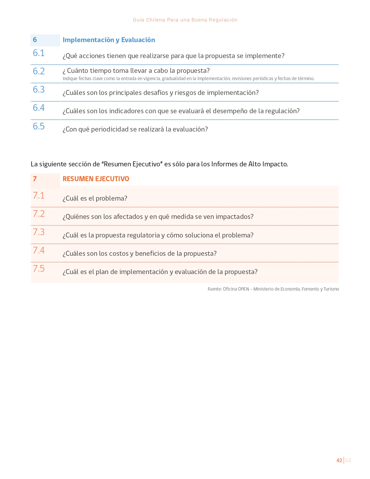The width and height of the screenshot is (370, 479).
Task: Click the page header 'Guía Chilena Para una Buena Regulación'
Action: [x=185, y=20]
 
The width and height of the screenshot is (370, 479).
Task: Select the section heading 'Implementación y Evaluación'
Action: [x=109, y=40]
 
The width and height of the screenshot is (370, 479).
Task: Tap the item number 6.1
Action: [x=39, y=53]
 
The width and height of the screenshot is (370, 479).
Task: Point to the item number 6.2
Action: [x=39, y=71]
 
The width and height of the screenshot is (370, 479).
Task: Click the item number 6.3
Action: [x=39, y=90]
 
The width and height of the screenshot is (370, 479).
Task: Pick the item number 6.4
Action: [x=39, y=108]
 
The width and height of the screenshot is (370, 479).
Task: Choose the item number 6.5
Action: [x=39, y=127]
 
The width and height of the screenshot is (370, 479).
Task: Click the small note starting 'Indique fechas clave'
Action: [x=188, y=79]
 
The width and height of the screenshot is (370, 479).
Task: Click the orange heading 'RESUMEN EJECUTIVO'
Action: [x=96, y=179]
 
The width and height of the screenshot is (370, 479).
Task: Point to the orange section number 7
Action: [x=35, y=179]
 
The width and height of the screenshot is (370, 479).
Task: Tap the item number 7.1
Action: [x=39, y=196]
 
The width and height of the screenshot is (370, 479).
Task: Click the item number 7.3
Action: [x=39, y=232]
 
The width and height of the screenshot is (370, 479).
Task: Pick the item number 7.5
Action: [x=39, y=269]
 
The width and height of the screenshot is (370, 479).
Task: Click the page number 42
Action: [x=339, y=460]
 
